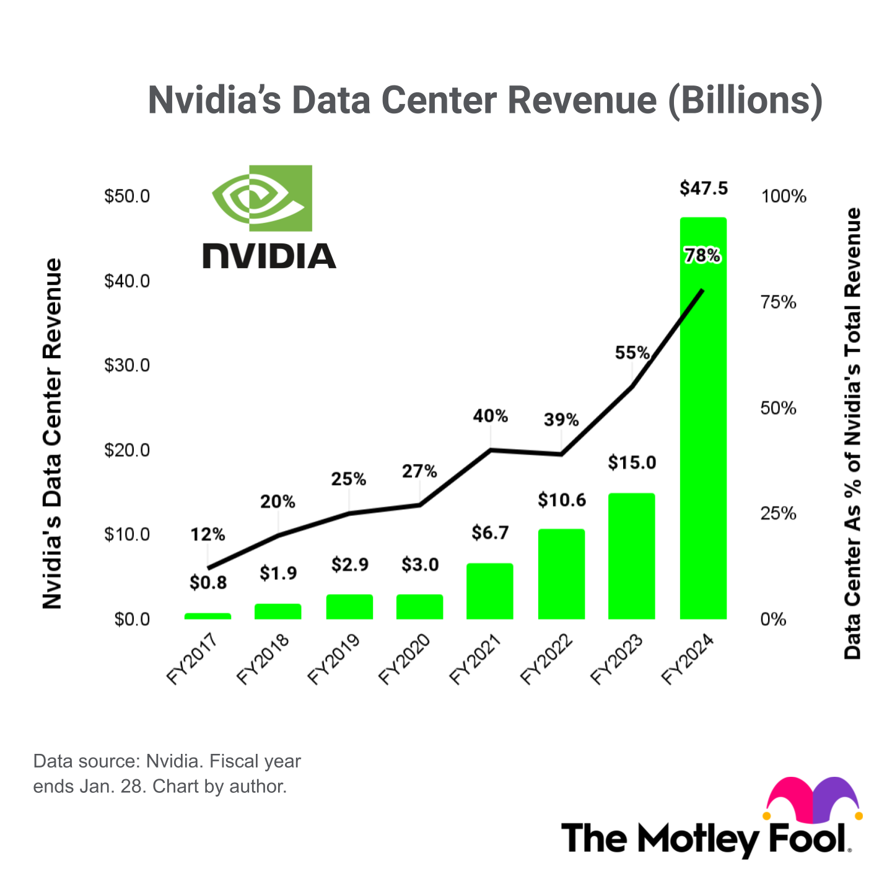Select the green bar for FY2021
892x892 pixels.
[x=489, y=591]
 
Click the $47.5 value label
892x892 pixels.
[x=703, y=188]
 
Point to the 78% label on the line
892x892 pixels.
[x=702, y=255]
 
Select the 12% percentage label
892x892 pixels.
[x=208, y=534]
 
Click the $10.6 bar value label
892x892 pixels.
[x=561, y=500]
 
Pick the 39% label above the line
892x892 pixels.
[x=561, y=420]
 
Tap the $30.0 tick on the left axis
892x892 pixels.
[x=127, y=365]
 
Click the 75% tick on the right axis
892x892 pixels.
[x=778, y=302]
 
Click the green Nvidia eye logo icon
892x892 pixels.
[x=262, y=198]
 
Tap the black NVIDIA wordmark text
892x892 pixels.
[x=269, y=256]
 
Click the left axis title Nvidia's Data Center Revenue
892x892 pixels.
[x=53, y=434]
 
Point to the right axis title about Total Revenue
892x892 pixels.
[x=853, y=434]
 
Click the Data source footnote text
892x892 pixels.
[x=167, y=774]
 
